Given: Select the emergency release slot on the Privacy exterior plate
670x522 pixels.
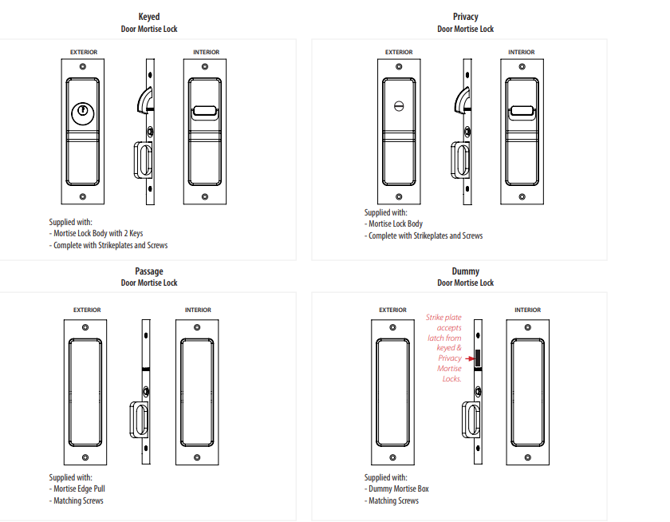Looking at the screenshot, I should tap(399, 106).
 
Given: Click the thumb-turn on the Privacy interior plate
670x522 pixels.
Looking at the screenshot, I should tap(522, 113).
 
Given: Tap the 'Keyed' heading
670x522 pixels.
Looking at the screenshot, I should tap(149, 16).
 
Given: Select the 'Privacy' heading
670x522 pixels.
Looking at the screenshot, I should tap(465, 16).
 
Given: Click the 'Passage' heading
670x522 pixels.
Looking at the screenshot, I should tap(149, 271).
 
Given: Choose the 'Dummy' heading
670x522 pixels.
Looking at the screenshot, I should tap(465, 271).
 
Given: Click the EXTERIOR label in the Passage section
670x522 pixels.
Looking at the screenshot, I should tap(86, 310).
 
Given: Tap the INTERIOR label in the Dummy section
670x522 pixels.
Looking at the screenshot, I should tap(527, 310).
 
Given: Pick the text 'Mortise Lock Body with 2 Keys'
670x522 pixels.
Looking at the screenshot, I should tap(98, 234).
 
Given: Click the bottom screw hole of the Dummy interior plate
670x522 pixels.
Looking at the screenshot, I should tap(527, 457).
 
